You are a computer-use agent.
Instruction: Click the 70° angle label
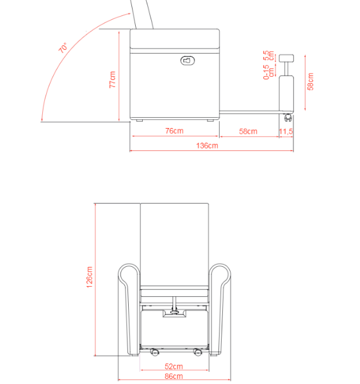[63, 48]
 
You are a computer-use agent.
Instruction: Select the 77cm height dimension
[112, 79]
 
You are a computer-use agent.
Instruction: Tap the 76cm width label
[174, 131]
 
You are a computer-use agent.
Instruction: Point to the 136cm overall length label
[207, 146]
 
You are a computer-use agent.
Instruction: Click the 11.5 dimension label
[286, 131]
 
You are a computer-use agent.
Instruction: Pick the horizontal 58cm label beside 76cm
[248, 131]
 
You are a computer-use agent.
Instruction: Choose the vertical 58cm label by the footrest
[311, 81]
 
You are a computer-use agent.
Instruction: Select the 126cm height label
[89, 277]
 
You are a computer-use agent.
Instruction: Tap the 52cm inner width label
[173, 367]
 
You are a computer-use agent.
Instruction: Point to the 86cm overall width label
[173, 376]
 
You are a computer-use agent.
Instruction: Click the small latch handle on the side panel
[188, 60]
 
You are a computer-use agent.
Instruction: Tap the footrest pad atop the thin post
[286, 58]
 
